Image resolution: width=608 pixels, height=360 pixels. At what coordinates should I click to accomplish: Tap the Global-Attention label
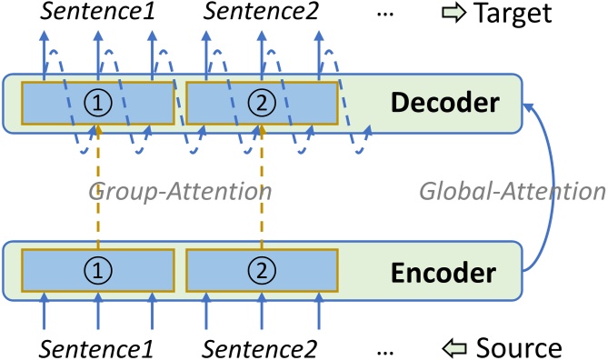[x=513, y=191]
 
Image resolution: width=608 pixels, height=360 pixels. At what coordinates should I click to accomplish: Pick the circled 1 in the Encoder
[x=98, y=269]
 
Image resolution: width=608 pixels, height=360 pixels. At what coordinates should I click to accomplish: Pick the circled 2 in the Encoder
[x=262, y=269]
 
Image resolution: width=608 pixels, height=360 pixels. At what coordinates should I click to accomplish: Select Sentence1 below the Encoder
[x=95, y=347]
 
